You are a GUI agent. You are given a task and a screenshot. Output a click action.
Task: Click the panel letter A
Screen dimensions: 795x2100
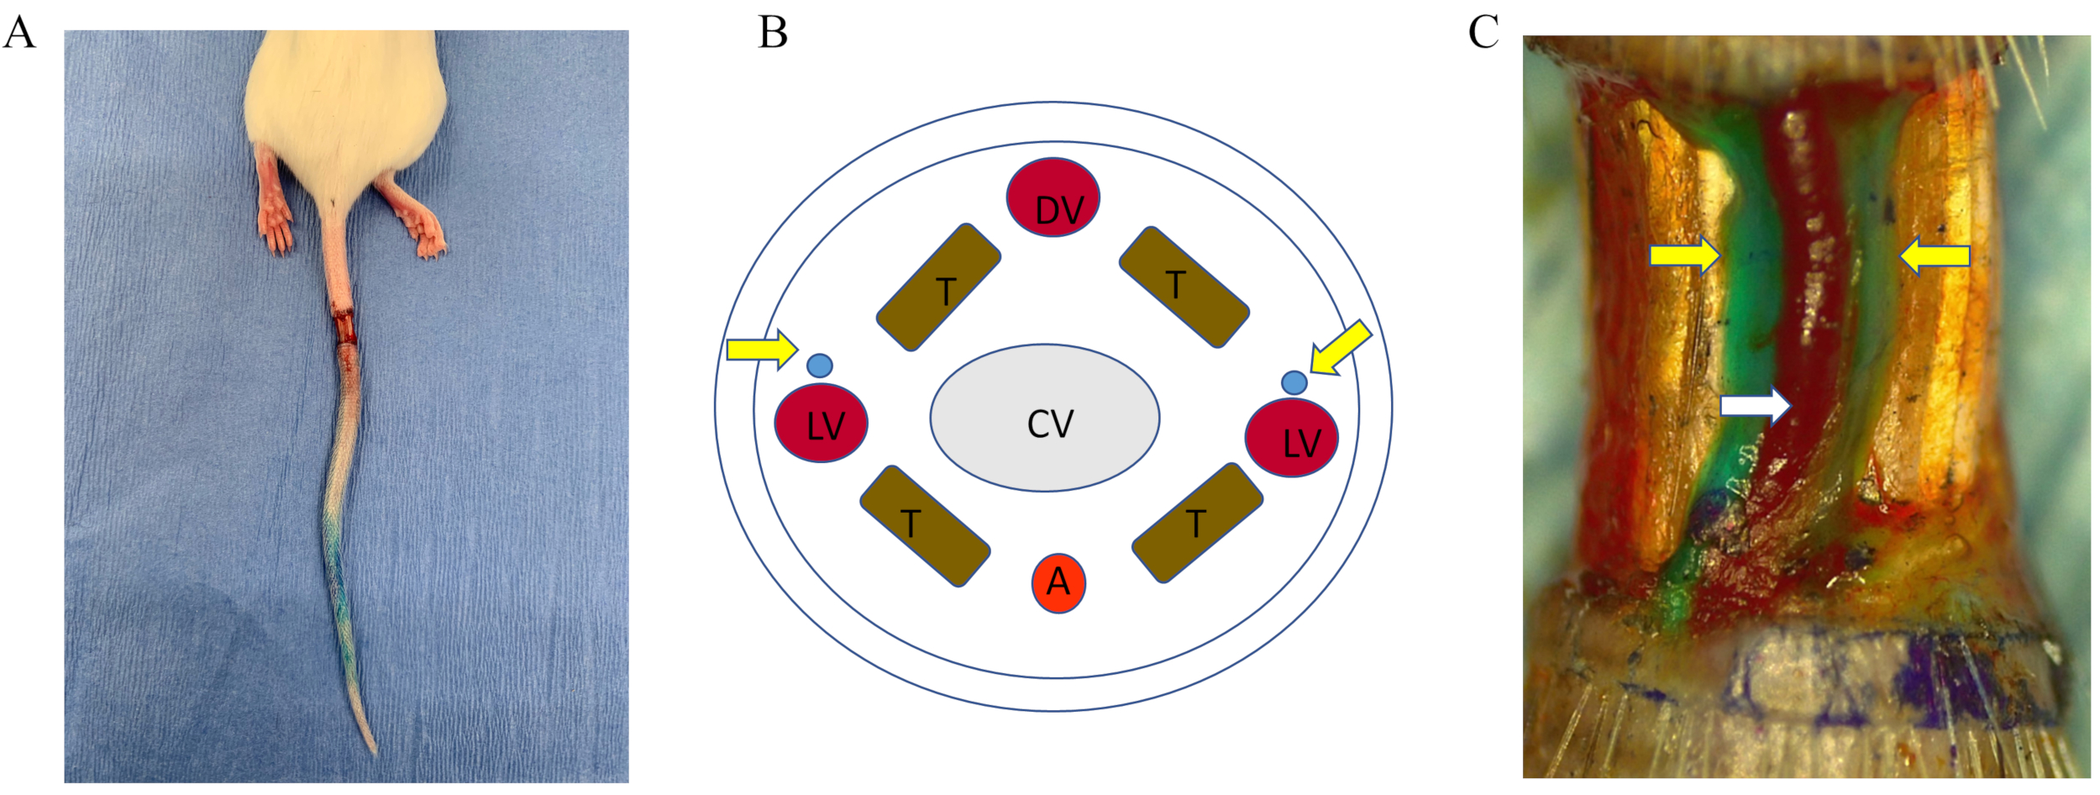19,34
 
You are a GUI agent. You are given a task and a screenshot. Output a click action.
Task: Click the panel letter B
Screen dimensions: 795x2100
773,34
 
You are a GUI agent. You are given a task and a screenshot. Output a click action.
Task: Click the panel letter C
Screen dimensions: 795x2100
1483,34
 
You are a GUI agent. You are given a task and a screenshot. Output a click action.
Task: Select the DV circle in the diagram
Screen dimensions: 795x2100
1053,197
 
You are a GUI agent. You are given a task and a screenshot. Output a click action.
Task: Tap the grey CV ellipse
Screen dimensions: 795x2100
1045,418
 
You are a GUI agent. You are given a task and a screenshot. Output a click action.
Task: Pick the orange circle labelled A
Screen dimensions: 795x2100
1058,582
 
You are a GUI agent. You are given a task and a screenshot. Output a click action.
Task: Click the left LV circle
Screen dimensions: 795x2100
821,423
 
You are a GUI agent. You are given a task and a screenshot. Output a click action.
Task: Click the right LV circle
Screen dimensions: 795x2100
1291,438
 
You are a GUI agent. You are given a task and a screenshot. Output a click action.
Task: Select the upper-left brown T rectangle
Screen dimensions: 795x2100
938,287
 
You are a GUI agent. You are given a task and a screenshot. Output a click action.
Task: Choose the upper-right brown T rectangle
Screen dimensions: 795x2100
1184,287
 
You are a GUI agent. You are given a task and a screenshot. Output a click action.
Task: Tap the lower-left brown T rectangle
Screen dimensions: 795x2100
925,526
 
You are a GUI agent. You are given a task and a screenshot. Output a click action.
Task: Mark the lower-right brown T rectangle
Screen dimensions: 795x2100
1197,523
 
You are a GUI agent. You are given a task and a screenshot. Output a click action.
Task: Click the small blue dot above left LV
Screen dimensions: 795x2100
819,366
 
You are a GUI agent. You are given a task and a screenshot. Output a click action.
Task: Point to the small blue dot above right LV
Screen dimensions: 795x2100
1294,382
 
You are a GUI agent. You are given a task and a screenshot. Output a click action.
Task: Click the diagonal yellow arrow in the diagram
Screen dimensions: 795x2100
1341,347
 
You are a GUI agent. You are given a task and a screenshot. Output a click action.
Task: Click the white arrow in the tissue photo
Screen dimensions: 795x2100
1755,406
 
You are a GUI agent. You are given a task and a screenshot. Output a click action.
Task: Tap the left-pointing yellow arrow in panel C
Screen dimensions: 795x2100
1935,255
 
